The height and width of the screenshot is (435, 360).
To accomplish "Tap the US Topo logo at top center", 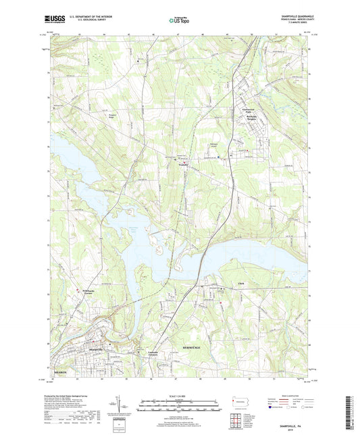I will pyautogui.click(x=180, y=20).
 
